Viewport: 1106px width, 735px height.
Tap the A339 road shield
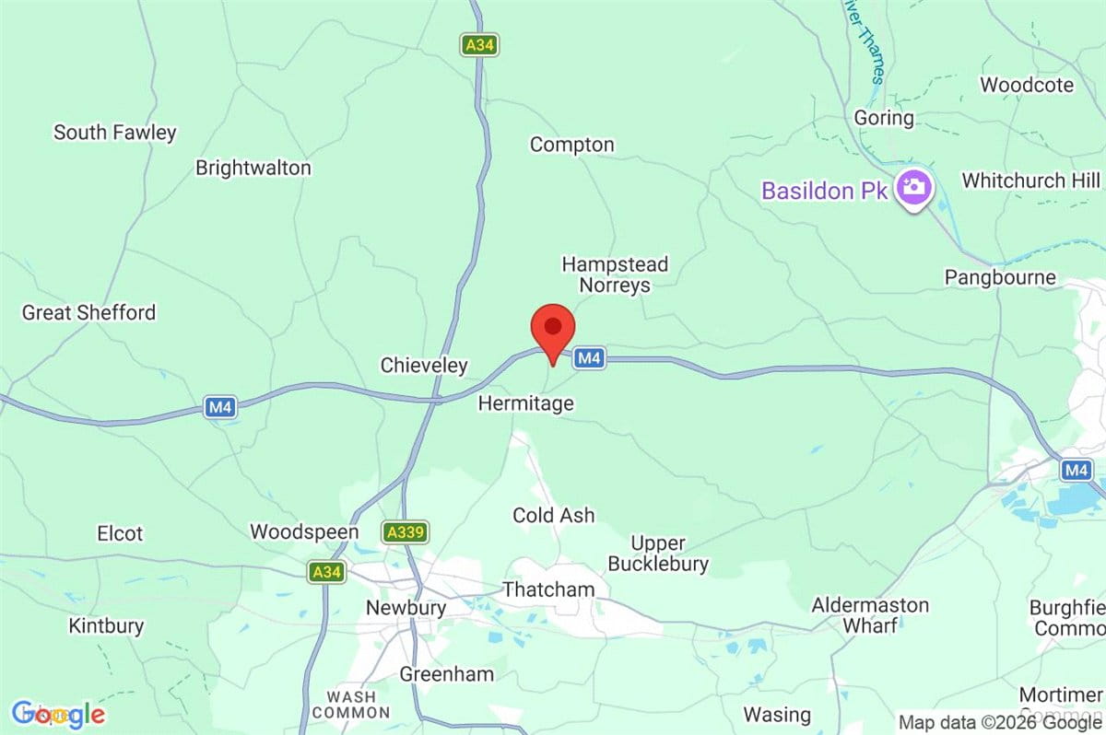pyautogui.click(x=406, y=532)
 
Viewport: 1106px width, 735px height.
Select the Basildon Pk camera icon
pyautogui.click(x=913, y=187)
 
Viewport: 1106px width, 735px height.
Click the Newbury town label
pyautogui.click(x=406, y=608)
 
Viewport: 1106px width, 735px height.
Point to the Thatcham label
pyautogui.click(x=548, y=589)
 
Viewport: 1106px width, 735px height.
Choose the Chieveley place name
pyautogui.click(x=424, y=366)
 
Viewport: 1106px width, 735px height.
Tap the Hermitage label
pyautogui.click(x=525, y=403)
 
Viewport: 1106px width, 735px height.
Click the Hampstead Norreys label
pyautogui.click(x=615, y=274)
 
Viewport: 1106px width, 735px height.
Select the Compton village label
pyautogui.click(x=571, y=145)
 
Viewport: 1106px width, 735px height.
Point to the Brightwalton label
pyautogui.click(x=253, y=169)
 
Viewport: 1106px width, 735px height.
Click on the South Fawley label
pyautogui.click(x=114, y=133)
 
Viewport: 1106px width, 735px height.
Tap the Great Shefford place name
pyautogui.click(x=88, y=313)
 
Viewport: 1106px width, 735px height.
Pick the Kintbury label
pyautogui.click(x=106, y=626)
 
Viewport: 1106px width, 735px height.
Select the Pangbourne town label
pyautogui.click(x=1000, y=277)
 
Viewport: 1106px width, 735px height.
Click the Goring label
pyautogui.click(x=884, y=118)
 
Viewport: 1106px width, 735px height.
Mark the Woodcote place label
pyautogui.click(x=1027, y=85)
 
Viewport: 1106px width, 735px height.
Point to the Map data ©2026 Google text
pyautogui.click(x=999, y=723)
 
